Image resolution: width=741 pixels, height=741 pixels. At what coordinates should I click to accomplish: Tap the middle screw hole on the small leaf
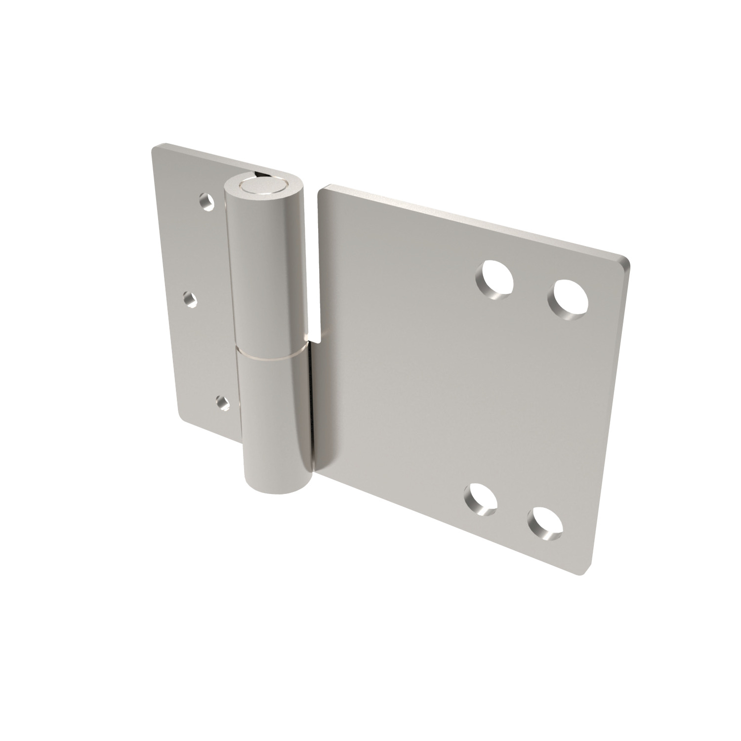pyautogui.click(x=190, y=298)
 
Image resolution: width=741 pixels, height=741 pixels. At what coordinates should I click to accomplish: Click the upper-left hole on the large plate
pyautogui.click(x=495, y=280)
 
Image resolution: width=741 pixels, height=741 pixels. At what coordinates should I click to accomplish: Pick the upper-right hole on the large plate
pyautogui.click(x=571, y=298)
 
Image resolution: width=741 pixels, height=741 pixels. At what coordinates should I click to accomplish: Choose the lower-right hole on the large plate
pyautogui.click(x=544, y=523)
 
